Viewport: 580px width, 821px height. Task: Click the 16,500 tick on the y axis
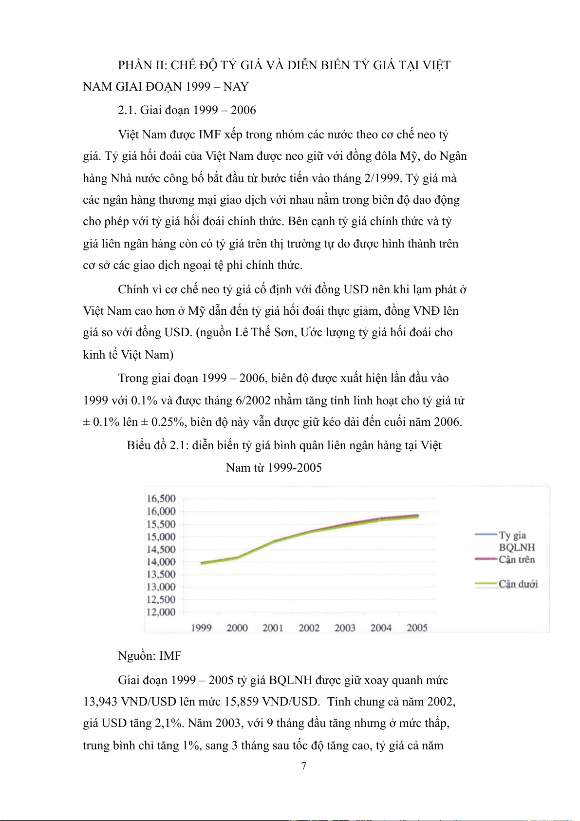pos(161,498)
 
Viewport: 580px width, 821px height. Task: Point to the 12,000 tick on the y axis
pos(161,612)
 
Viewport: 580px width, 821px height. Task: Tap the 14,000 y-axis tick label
pos(161,562)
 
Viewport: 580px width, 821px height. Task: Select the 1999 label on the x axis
pos(201,628)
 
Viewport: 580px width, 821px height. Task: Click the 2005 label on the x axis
pos(417,628)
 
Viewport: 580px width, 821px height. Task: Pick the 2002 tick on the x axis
pos(309,628)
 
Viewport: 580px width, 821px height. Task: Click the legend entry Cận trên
pos(516,559)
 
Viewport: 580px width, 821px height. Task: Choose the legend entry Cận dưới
pos(518,584)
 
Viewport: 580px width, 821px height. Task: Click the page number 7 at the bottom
pos(304,766)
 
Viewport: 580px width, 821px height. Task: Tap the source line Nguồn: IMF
pos(150,656)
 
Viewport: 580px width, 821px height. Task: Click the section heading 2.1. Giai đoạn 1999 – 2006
pos(187,110)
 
